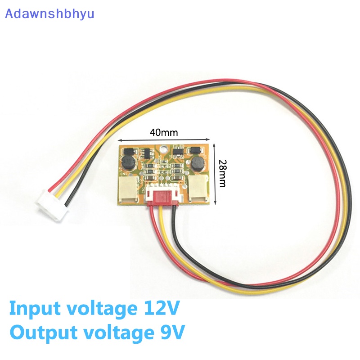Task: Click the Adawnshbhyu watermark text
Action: click(x=49, y=14)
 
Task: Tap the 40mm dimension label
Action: click(x=164, y=132)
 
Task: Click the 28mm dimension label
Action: click(x=222, y=174)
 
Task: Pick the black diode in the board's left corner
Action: click(x=129, y=151)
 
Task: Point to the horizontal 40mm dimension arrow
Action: click(x=164, y=139)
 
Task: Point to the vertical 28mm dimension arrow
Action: click(x=215, y=174)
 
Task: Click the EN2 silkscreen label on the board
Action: click(x=122, y=174)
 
